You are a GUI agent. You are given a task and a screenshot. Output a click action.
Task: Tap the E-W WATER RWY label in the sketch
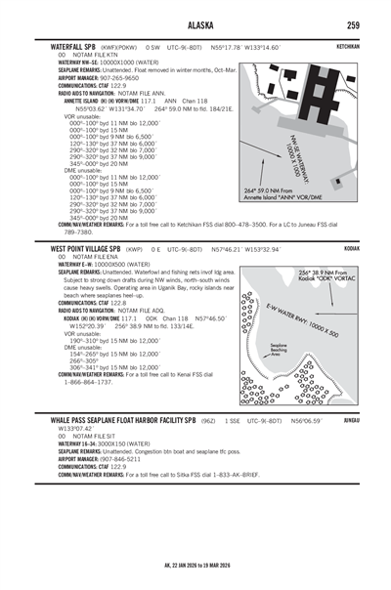coord(311,315)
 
